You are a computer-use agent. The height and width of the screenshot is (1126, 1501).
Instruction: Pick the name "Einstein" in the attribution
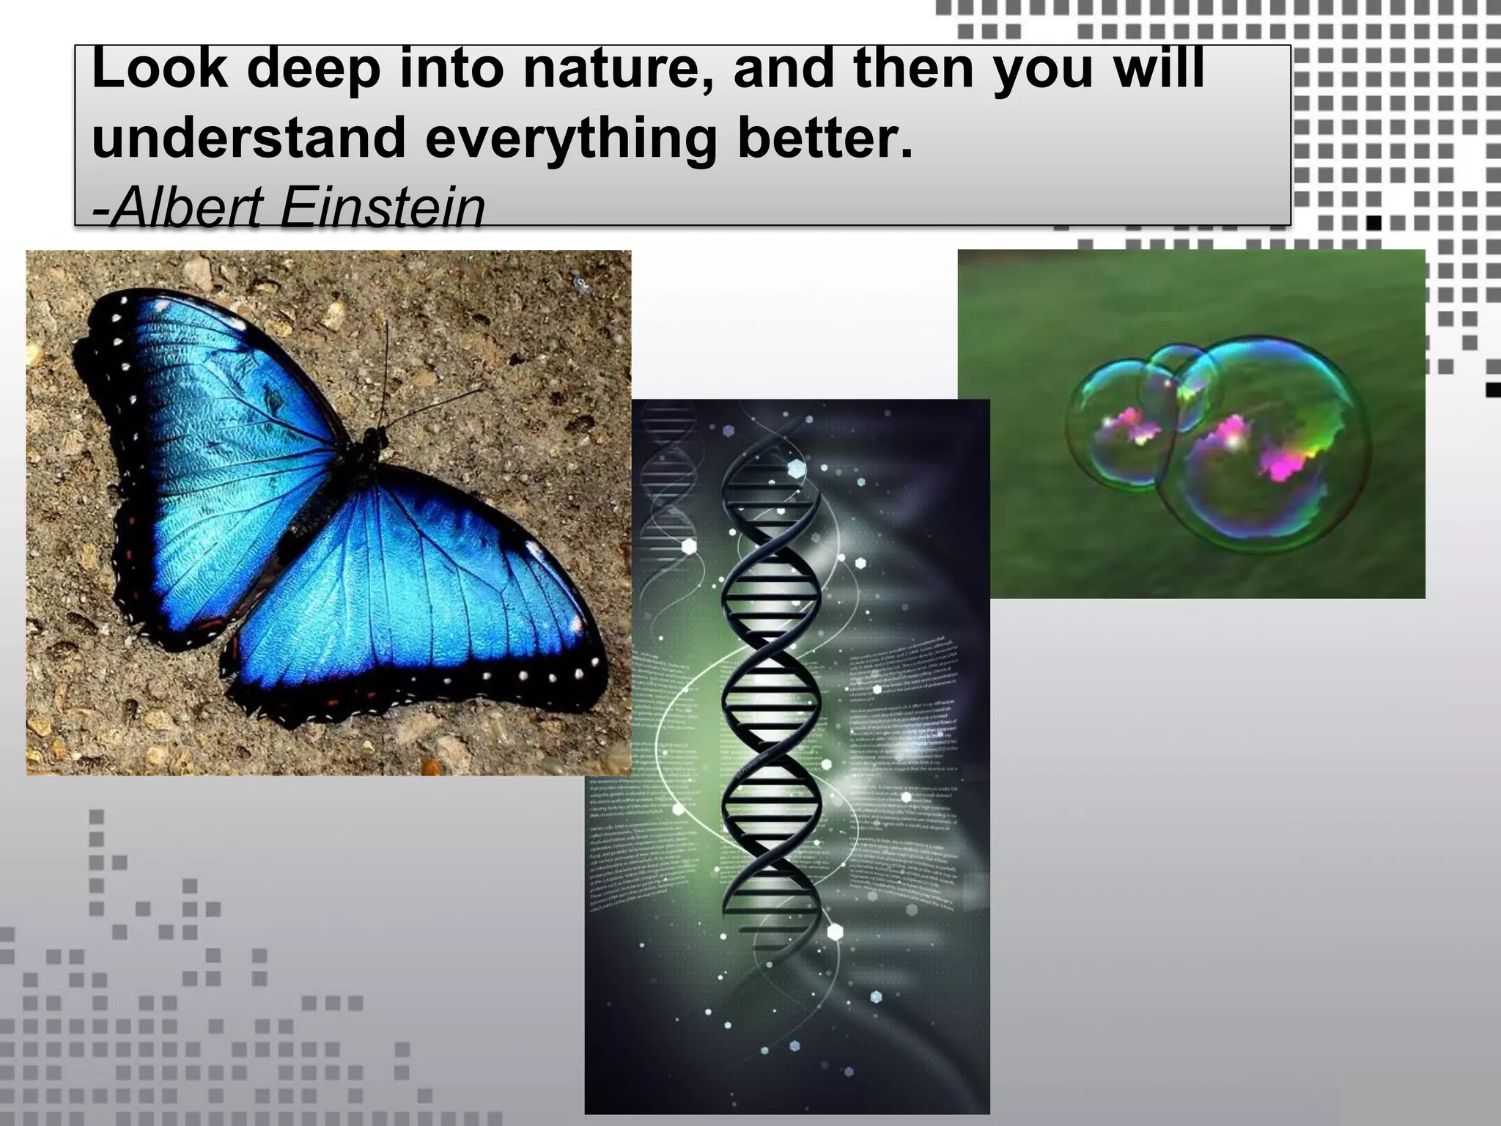click(x=382, y=207)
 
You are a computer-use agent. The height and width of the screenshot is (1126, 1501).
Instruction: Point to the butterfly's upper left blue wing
click(x=220, y=389)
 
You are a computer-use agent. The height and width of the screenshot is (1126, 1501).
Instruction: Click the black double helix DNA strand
click(x=770, y=696)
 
